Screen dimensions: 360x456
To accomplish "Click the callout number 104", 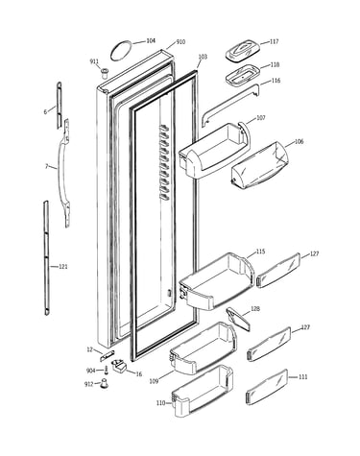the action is (x=151, y=41).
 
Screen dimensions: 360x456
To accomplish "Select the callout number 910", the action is (x=180, y=42).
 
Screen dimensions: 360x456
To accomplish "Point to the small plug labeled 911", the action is (x=104, y=73).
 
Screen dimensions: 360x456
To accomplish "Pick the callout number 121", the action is (x=63, y=266).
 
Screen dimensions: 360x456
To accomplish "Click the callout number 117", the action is (x=274, y=41).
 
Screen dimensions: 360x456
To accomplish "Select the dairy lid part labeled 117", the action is (x=242, y=51).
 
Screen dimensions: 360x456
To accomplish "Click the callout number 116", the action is (x=276, y=81).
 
